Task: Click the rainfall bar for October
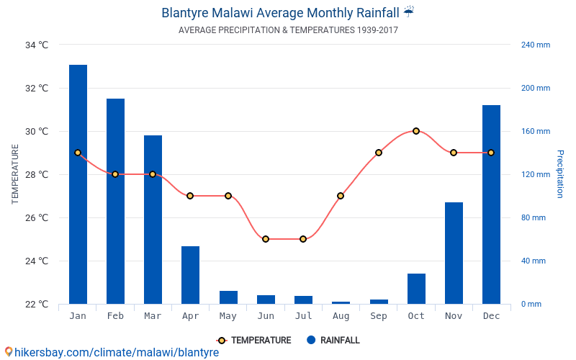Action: (416, 289)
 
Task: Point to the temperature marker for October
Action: (416, 131)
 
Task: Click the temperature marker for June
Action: (266, 239)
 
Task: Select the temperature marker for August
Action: (341, 196)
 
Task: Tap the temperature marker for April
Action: (190, 196)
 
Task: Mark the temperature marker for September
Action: (379, 153)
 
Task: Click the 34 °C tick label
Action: (37, 45)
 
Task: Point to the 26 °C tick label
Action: (37, 217)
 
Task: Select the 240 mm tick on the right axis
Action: (535, 45)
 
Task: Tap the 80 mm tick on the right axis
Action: (534, 217)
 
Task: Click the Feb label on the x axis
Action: (115, 316)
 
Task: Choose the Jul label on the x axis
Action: (303, 316)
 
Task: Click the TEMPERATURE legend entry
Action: (253, 341)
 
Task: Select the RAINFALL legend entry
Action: (333, 341)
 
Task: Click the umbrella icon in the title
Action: (409, 12)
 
